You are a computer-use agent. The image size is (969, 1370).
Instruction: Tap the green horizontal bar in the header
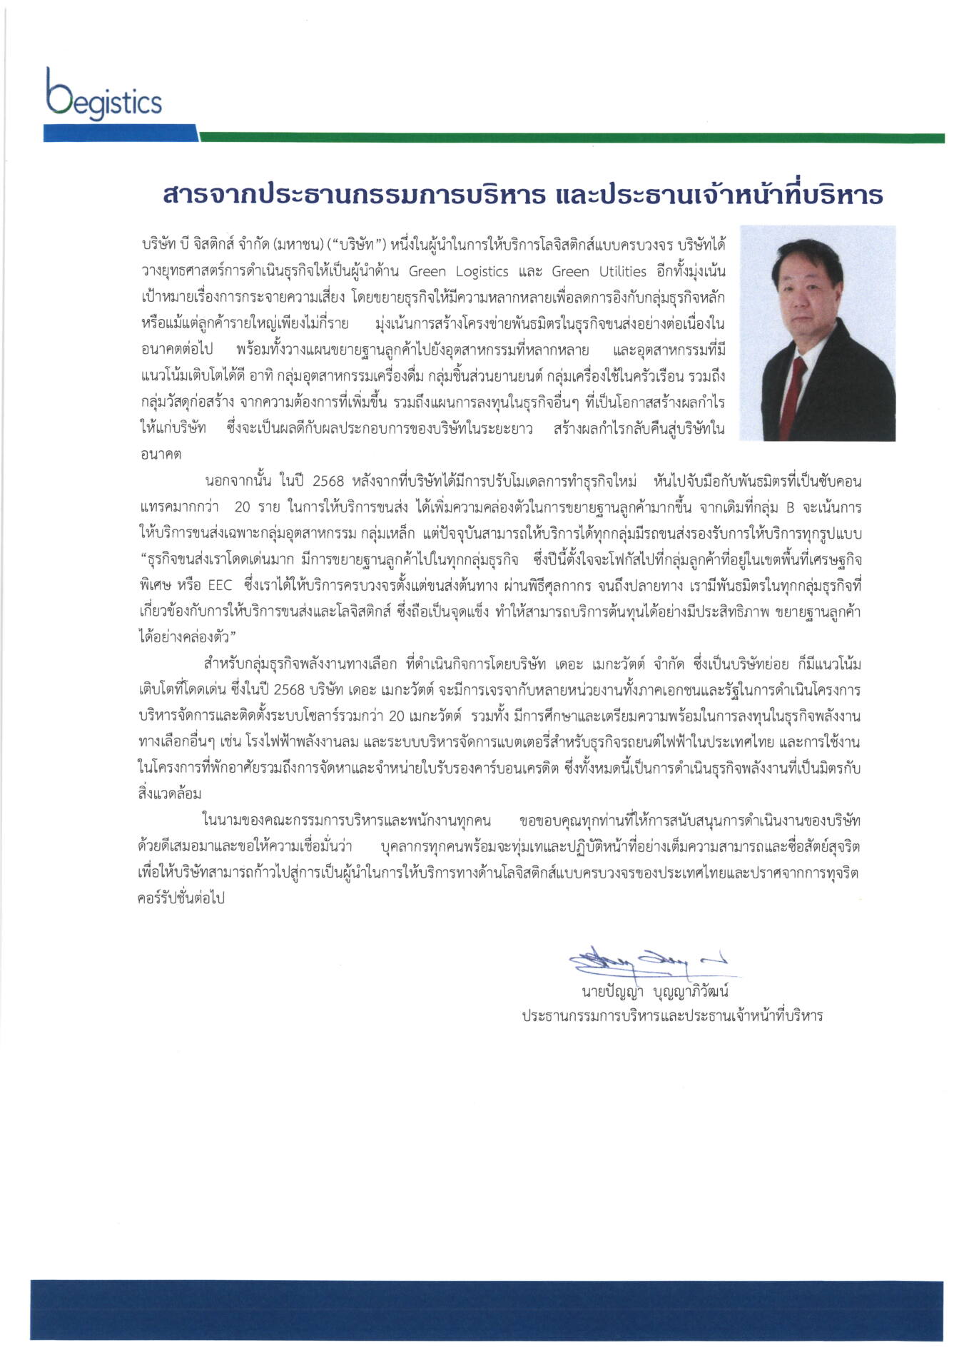571,138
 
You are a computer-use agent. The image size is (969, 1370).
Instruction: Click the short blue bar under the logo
120,133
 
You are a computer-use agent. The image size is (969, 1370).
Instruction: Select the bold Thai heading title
523,194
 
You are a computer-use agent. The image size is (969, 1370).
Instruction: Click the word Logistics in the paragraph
479,271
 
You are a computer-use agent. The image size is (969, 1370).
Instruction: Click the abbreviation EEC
220,586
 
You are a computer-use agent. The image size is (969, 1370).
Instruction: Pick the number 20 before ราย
242,507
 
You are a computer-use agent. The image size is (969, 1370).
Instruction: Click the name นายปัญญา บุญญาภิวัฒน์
654,993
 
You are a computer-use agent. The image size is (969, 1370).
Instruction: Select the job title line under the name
671,1016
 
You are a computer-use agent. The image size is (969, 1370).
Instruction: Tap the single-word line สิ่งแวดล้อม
170,793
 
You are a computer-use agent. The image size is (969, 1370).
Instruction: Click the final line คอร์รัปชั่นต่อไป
181,898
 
